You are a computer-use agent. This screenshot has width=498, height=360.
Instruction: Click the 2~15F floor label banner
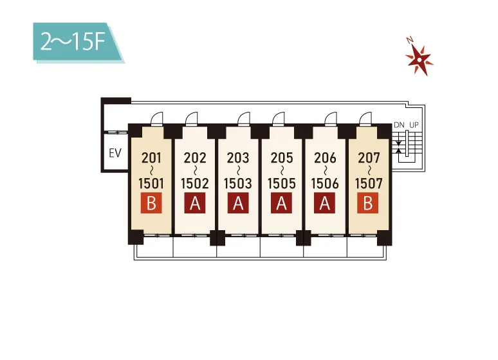coord(76,42)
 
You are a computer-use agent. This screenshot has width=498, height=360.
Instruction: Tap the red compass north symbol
coord(420,59)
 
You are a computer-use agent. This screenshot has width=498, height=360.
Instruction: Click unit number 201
coord(152,157)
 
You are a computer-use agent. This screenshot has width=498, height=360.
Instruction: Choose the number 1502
coord(195,183)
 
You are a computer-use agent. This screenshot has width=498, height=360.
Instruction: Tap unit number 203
coord(238,157)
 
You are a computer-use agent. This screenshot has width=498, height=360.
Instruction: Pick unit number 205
coord(281,157)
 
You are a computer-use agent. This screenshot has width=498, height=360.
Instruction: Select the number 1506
coord(325,183)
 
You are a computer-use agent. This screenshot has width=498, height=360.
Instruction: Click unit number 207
coord(369,157)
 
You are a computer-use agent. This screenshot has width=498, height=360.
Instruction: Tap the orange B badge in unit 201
coord(152,204)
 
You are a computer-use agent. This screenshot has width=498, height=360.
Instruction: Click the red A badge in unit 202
coord(195,204)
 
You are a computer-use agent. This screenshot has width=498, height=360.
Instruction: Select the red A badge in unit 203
coord(238,204)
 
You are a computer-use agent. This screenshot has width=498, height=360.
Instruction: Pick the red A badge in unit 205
coord(281,204)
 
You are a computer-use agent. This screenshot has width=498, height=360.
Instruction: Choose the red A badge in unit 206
coord(325,204)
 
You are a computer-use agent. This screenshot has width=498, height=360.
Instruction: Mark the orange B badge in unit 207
coord(368,204)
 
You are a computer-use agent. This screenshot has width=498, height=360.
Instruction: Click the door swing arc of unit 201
coord(156,118)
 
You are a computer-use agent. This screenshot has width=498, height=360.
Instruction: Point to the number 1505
coord(281,183)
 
